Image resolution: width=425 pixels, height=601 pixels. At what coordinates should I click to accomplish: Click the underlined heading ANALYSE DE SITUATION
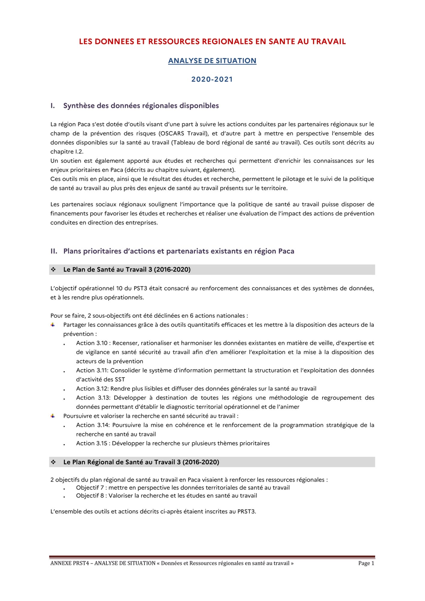tap(212, 61)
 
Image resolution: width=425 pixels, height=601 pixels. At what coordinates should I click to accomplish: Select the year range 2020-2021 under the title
tap(212, 79)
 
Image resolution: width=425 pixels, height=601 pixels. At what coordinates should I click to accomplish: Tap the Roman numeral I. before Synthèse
tap(53, 106)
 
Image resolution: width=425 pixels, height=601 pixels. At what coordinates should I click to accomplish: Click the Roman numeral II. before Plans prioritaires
tap(54, 251)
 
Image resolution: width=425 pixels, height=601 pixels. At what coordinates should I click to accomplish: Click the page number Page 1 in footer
tap(366, 563)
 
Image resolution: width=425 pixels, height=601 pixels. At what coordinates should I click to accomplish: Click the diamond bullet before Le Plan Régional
tap(53, 462)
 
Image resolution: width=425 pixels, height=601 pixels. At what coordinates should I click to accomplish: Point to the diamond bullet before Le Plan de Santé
tap(53, 270)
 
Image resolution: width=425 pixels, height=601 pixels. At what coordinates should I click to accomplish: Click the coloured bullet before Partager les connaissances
tap(53, 325)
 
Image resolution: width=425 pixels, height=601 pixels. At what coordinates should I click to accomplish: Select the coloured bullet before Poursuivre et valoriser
tap(53, 416)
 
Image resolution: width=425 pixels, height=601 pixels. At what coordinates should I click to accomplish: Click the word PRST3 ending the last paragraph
tap(246, 511)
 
